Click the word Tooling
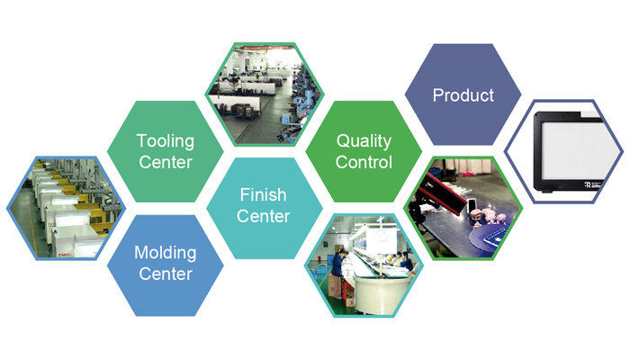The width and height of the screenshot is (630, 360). [165, 141]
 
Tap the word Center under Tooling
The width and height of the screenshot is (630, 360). [165, 162]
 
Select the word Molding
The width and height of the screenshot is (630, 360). [165, 253]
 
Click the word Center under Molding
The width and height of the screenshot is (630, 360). [165, 274]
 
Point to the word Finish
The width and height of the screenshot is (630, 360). [263, 195]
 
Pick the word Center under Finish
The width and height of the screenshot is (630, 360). [263, 216]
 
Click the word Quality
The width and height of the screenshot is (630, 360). [364, 141]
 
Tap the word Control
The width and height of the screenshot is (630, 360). [364, 162]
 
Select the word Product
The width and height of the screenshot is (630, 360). [463, 95]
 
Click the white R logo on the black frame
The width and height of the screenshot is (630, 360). [588, 184]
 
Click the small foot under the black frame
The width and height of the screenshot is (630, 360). [546, 191]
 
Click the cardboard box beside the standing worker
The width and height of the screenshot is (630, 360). [334, 286]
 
